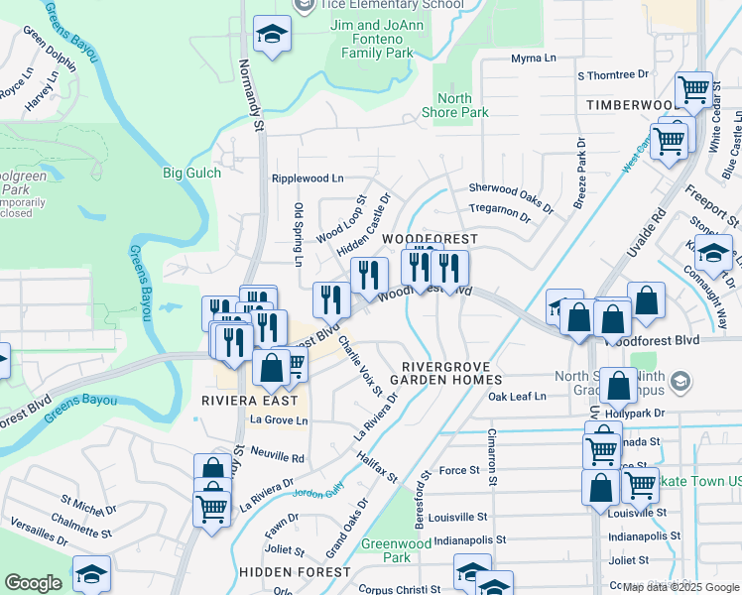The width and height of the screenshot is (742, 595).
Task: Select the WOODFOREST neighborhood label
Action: pyautogui.click(x=431, y=239)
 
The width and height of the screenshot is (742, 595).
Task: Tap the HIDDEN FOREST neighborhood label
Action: pyautogui.click(x=294, y=572)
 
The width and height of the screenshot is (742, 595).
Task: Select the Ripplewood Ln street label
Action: pyautogui.click(x=308, y=178)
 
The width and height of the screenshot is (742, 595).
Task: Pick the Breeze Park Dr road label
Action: pyautogui.click(x=581, y=175)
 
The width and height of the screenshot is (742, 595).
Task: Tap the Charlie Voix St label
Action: pyautogui.click(x=359, y=365)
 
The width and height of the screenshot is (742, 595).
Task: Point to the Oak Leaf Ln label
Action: pyautogui.click(x=517, y=396)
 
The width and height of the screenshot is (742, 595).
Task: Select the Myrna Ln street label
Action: pyautogui.click(x=534, y=59)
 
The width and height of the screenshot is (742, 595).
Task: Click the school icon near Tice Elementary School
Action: pyautogui.click(x=269, y=35)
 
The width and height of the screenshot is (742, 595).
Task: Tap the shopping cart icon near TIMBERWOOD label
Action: pyautogui.click(x=694, y=90)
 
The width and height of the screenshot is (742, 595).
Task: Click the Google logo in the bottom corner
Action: pyautogui.click(x=33, y=583)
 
